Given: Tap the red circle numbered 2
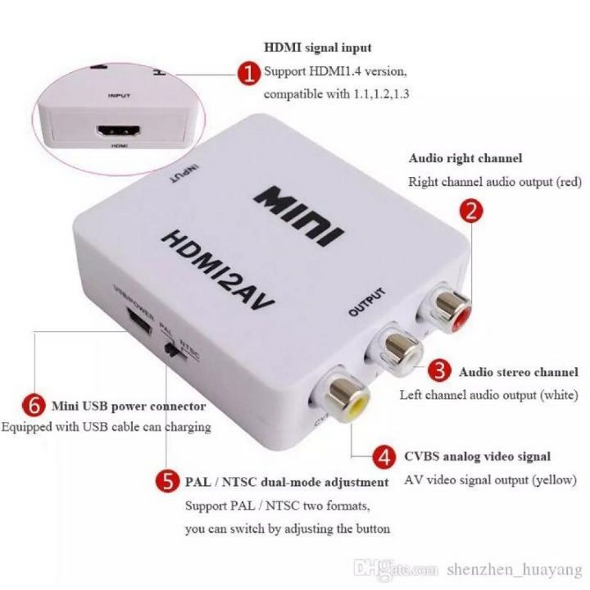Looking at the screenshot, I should [470, 211].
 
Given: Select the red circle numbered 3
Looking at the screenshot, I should [442, 371].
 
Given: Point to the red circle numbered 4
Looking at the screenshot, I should [382, 456].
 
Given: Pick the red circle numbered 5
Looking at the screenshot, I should [168, 482].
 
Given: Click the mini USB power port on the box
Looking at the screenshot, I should [138, 322].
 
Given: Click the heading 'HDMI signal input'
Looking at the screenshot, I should [317, 48].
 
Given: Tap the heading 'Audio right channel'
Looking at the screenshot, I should [465, 158].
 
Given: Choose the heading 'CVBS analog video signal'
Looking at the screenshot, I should [476, 456].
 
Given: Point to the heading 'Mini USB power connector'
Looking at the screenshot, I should [129, 406].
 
